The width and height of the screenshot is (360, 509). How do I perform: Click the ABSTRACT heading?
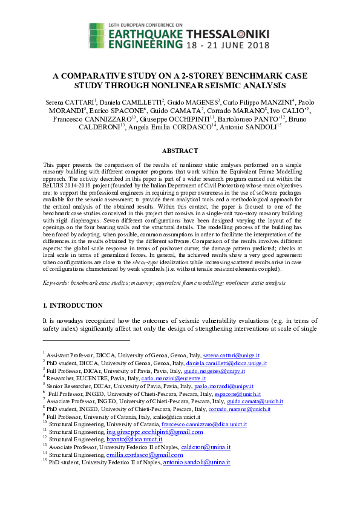coord(180,151)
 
